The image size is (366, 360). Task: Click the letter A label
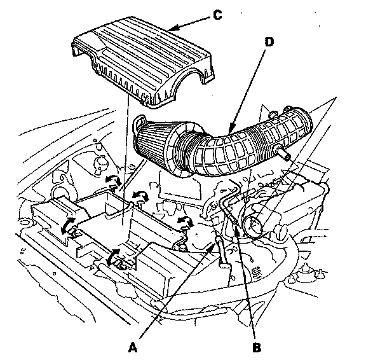(x=133, y=347)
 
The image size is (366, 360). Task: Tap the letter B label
(x=257, y=347)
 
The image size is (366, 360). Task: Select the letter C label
(x=217, y=15)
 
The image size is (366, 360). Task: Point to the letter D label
(x=269, y=42)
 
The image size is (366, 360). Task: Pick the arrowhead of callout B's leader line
(x=237, y=230)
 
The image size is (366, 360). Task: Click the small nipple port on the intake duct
(x=283, y=153)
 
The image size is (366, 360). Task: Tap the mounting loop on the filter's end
(x=138, y=123)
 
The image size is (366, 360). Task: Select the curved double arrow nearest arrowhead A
(x=185, y=221)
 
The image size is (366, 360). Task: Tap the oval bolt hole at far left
(x=25, y=222)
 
